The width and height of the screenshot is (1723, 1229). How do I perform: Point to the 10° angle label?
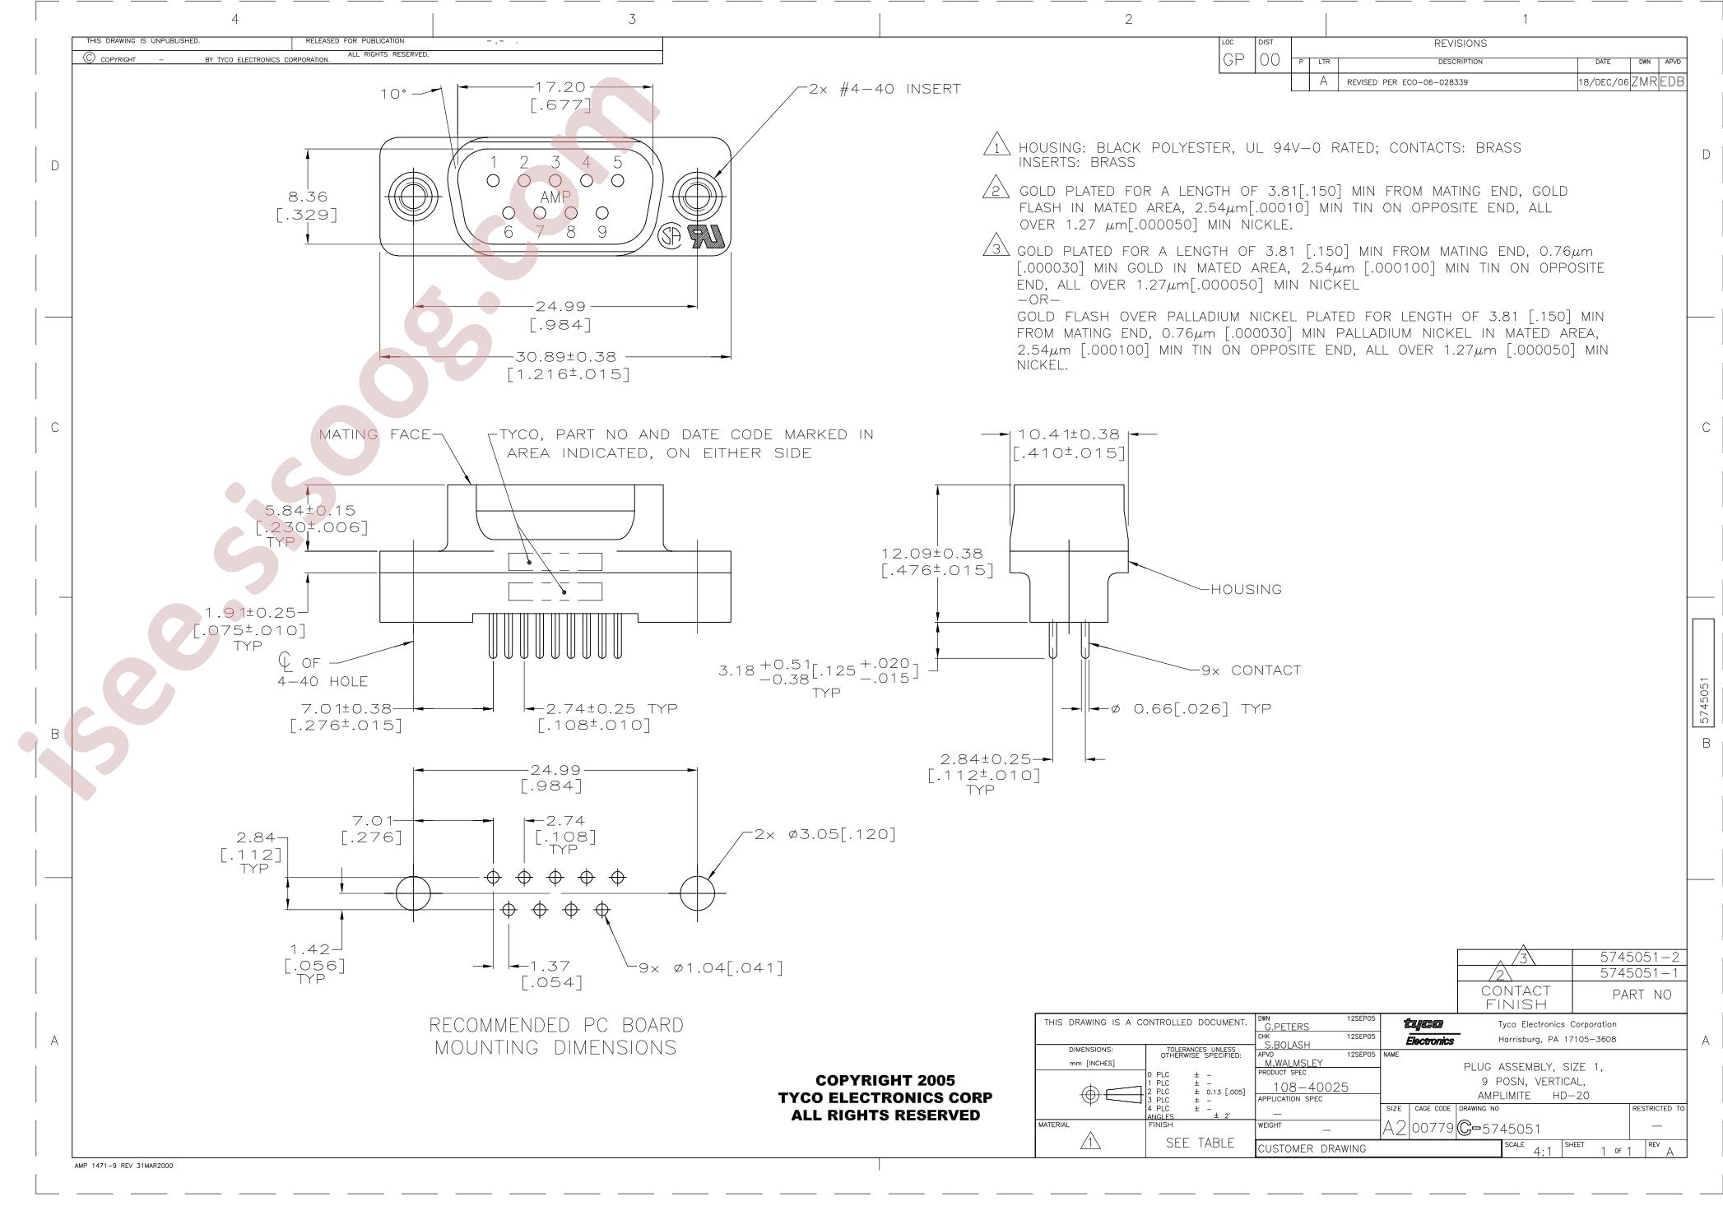pos(393,94)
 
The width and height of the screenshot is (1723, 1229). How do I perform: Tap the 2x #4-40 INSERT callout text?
pos(885,89)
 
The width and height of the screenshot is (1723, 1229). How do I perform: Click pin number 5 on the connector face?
pos(618,162)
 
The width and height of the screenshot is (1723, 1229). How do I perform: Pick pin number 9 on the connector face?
pos(602,232)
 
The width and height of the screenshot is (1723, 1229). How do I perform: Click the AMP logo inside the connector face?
pos(555,197)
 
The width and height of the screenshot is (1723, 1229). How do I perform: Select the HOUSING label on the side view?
pos(1246,589)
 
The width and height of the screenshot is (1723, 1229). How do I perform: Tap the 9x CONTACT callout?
pos(1251,670)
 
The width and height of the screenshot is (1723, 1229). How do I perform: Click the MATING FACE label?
pos(375,434)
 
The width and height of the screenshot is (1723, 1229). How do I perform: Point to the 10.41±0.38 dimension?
pos(1068,434)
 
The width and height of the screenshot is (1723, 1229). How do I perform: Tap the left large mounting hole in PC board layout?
pos(413,893)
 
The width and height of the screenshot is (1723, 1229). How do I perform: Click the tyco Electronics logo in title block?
pos(1430,1032)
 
